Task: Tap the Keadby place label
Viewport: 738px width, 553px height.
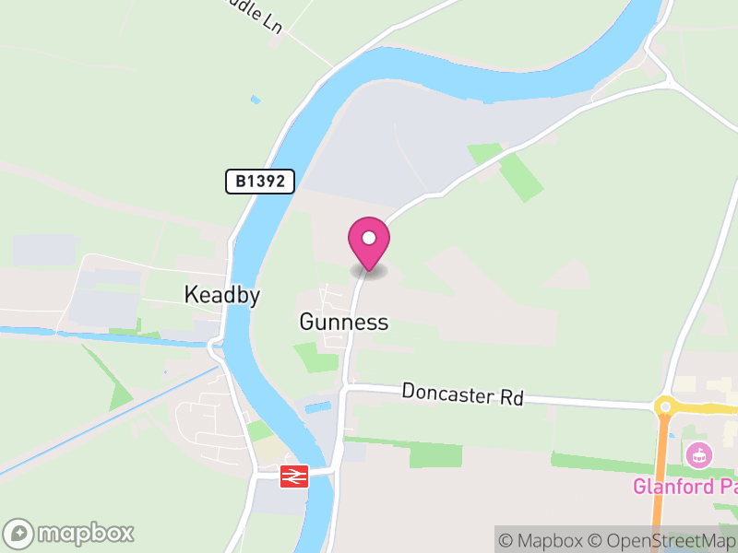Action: (x=222, y=295)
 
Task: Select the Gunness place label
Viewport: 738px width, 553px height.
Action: (x=343, y=322)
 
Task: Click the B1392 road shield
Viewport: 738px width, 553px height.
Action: (x=259, y=181)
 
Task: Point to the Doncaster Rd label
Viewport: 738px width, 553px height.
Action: (x=462, y=394)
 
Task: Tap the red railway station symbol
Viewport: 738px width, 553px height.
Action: (x=294, y=476)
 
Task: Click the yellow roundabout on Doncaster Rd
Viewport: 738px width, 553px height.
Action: (x=664, y=406)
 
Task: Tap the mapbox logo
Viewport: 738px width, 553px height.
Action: (x=69, y=533)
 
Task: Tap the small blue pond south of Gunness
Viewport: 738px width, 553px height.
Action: (x=316, y=406)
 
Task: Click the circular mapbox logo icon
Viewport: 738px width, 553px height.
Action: (x=19, y=533)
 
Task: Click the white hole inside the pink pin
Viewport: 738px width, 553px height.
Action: (x=369, y=238)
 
